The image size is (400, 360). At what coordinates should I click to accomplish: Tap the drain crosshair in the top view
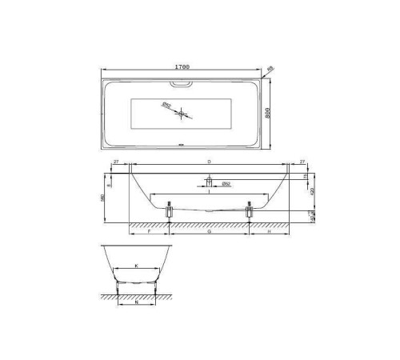tap(183, 114)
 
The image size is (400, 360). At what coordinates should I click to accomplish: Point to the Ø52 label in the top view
tap(167, 104)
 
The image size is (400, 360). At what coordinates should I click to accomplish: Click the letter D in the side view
tap(209, 162)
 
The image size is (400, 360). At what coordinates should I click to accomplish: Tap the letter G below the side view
tap(209, 231)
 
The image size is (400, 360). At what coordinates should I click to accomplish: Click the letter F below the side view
tap(150, 231)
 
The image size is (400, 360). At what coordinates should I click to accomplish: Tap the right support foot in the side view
tap(250, 210)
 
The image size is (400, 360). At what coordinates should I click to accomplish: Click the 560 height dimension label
tap(104, 198)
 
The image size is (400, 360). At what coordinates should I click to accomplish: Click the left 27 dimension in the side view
tap(118, 162)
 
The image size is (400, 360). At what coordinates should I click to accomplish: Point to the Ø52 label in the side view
tap(226, 185)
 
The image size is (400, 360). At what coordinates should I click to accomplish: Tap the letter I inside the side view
tap(209, 192)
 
